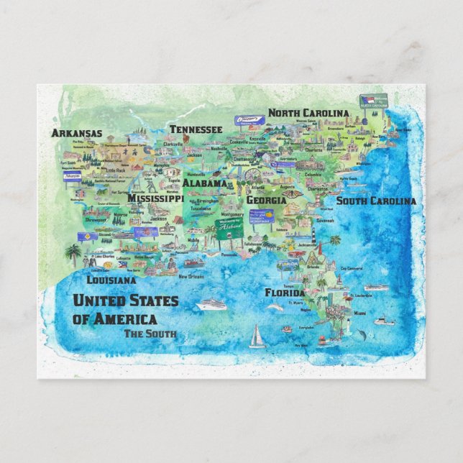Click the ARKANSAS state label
pyautogui.click(x=76, y=133)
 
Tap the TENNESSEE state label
pyautogui.click(x=196, y=129)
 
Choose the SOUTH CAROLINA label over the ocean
pyautogui.click(x=376, y=201)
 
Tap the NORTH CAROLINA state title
pyautogui.click(x=308, y=113)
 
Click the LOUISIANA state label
pyautogui.click(x=111, y=280)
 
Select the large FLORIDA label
pyautogui.click(x=285, y=293)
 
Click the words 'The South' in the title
pyautogui.click(x=150, y=333)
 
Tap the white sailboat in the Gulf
pyautogui.click(x=257, y=337)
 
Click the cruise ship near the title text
pyautogui.click(x=211, y=304)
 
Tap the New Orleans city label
pyautogui.click(x=192, y=276)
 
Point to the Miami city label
pyautogui.click(x=359, y=313)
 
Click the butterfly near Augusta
pyautogui.click(x=291, y=193)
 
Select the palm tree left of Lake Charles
pyautogui.click(x=73, y=254)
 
